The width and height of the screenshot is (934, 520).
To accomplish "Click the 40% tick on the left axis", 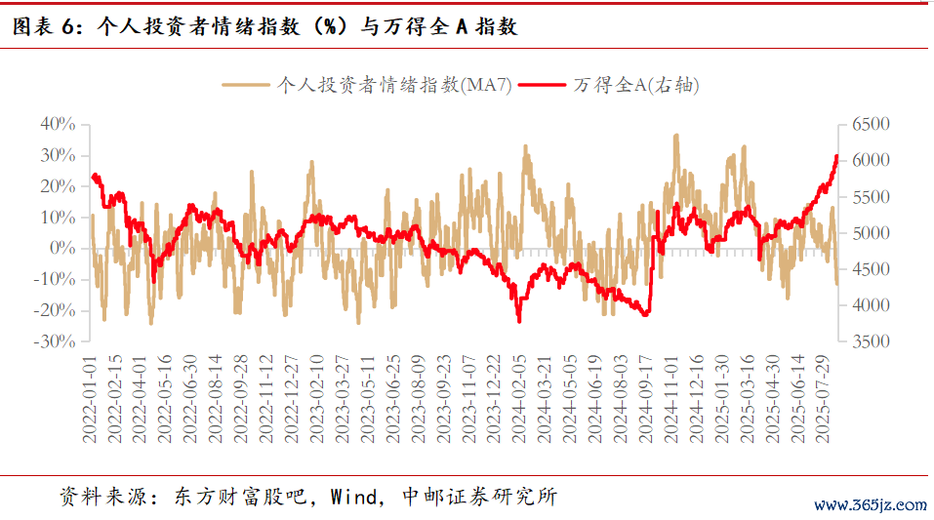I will click(58, 124).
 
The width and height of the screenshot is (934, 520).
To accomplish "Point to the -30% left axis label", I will click(56, 341).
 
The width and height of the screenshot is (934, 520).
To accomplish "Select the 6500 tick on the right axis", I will click(872, 124).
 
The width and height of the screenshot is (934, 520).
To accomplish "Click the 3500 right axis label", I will click(872, 341).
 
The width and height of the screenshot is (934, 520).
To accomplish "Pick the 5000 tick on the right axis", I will click(872, 233).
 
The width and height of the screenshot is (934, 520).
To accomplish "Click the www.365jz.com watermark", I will click(870, 505).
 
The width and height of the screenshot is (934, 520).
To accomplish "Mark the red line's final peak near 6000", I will click(836, 156).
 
